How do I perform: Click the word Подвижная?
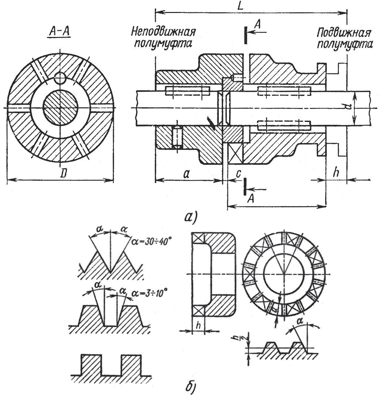(344, 33)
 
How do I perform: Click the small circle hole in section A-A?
(60, 78)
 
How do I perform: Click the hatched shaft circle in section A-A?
(60, 107)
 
